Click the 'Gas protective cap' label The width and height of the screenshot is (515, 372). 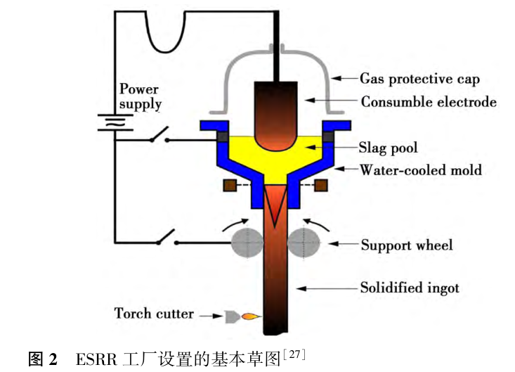(x=419, y=78)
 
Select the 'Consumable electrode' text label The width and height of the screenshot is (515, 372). (x=429, y=102)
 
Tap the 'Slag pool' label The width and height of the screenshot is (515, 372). (x=388, y=148)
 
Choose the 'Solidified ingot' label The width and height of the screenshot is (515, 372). (x=410, y=287)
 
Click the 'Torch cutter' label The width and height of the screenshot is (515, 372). (x=154, y=313)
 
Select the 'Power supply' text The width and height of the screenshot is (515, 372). (x=139, y=96)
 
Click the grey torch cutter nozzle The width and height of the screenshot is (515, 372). (x=230, y=316)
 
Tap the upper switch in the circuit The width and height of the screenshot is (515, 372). (x=159, y=136)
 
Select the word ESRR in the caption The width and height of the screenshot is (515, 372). (x=92, y=360)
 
